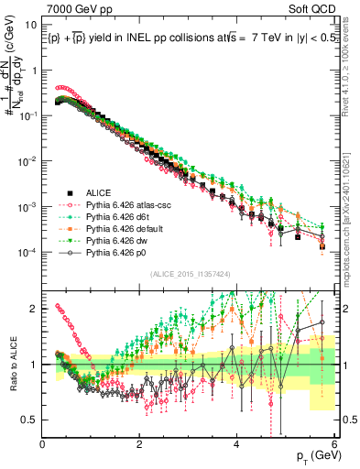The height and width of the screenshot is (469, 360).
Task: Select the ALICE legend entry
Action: pyautogui.click(x=98, y=192)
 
